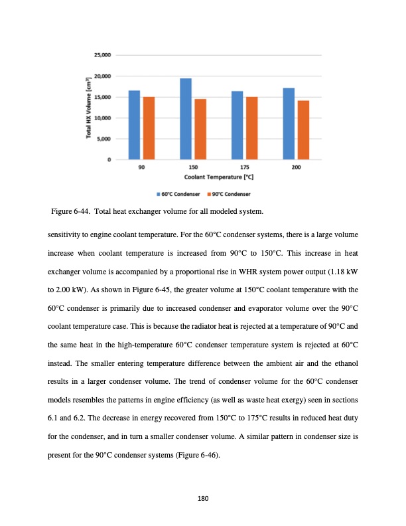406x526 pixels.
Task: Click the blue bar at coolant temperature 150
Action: (186, 119)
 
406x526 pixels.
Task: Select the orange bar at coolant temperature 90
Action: (149, 128)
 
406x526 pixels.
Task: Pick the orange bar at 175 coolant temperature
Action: (252, 128)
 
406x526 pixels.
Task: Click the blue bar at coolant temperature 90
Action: (134, 125)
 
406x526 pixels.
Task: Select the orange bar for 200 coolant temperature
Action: (303, 130)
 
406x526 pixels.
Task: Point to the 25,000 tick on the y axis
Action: (102, 55)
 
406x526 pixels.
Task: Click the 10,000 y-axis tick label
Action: (102, 118)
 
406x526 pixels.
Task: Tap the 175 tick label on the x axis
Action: (245, 168)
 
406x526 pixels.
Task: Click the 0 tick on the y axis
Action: (108, 159)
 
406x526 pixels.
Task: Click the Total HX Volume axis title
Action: (88, 107)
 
